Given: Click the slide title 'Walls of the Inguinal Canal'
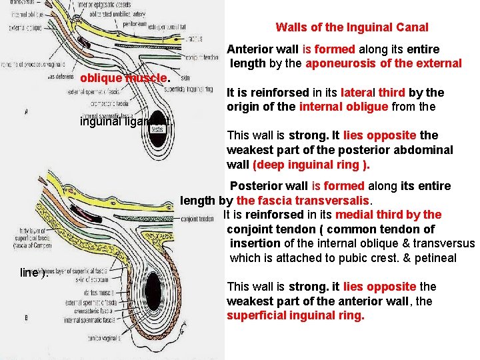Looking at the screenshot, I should [x=352, y=27].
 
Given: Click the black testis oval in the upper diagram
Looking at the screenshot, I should [x=158, y=129].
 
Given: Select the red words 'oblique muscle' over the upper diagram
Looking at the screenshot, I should [x=125, y=78].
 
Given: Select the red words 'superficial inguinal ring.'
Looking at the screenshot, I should [x=296, y=315].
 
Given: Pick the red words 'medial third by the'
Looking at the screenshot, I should [x=388, y=215].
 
